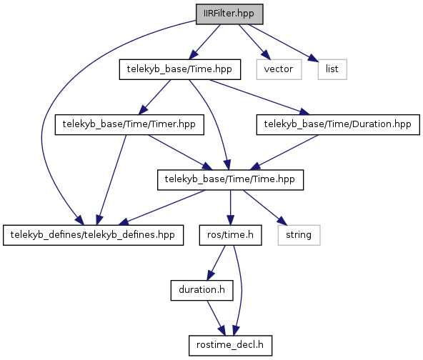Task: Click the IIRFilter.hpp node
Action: click(229, 14)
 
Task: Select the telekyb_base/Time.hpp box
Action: click(180, 69)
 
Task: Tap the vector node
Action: click(279, 69)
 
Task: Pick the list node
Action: click(332, 69)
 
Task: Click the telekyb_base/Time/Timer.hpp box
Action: click(129, 124)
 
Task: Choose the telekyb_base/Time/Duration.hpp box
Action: click(338, 124)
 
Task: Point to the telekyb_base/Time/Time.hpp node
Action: click(230, 180)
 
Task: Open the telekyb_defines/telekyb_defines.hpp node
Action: click(94, 235)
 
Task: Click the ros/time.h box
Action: click(230, 235)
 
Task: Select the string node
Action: click(299, 235)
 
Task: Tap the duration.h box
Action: click(201, 291)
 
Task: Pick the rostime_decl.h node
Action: click(230, 346)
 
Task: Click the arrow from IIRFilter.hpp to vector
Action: click(254, 42)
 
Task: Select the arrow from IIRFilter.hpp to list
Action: click(283, 43)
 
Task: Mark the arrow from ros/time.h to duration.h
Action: click(216, 263)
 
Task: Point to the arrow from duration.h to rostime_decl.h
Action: click(216, 318)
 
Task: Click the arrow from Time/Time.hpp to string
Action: click(265, 208)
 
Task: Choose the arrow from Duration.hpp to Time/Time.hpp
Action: click(284, 152)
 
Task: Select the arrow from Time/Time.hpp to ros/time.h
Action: click(230, 208)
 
